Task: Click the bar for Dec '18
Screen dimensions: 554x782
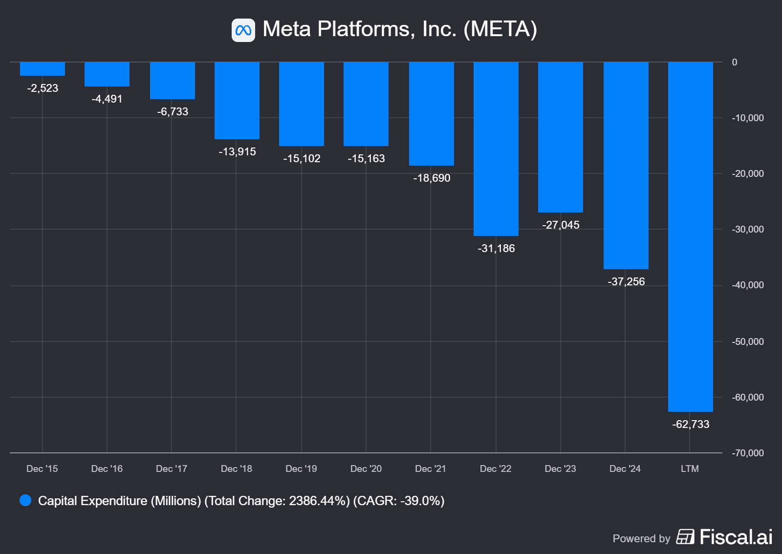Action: pos(237,101)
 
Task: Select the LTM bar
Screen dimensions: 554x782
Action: pos(690,236)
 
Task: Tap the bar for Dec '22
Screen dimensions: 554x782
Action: pos(496,149)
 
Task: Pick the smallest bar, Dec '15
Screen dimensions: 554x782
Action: pos(43,69)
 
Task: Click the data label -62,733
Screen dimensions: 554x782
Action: pos(691,424)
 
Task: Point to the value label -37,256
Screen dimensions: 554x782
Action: pos(626,281)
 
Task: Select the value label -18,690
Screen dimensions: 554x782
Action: pos(432,178)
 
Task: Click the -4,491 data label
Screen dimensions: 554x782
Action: pos(107,99)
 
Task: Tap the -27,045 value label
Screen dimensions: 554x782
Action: pos(561,225)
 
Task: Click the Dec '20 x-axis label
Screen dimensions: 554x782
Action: pos(366,469)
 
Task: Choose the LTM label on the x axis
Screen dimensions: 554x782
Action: pos(690,469)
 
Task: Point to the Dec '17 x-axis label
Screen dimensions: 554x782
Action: pos(172,469)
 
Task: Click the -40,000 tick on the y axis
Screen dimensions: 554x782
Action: pos(747,285)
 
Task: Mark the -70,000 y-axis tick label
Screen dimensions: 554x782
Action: pos(747,453)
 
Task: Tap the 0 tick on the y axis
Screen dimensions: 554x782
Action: pos(735,62)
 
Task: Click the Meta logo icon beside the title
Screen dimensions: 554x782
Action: pos(243,30)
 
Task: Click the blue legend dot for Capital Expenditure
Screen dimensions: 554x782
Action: pos(25,500)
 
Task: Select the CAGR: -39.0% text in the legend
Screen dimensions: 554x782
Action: pos(399,501)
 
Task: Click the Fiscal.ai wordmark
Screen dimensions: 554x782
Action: pos(736,537)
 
